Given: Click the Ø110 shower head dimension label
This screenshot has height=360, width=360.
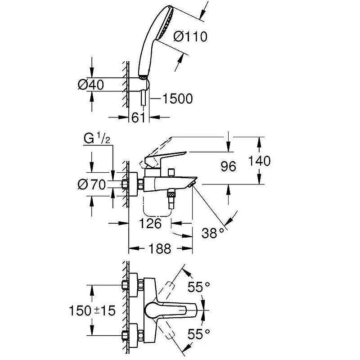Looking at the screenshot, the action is tap(190, 37).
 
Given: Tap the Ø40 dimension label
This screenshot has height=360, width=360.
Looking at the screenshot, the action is tap(91, 85).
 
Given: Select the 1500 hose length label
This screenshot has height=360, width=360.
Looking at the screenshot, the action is tap(178, 99).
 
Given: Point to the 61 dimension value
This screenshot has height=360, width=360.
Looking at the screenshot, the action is tap(139, 118).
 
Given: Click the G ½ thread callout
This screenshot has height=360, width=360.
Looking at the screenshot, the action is tap(97, 139).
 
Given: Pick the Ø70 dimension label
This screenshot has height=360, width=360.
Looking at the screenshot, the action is tap(92, 184).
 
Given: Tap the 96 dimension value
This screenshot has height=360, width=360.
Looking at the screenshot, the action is tap(228, 166).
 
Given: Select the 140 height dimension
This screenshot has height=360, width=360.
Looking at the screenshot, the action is tap(259, 161).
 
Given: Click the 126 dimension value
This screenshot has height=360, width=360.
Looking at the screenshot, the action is tap(150, 223).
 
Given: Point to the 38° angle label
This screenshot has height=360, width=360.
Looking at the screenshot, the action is tap(213, 233).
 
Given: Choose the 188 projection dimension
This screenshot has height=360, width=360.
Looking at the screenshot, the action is tap(160, 248).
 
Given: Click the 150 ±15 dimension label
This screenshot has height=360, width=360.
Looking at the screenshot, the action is tap(92, 310).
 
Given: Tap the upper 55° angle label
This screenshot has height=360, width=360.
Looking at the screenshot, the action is tap(198, 287).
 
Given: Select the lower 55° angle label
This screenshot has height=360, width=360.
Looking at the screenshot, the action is tap(198, 334).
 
